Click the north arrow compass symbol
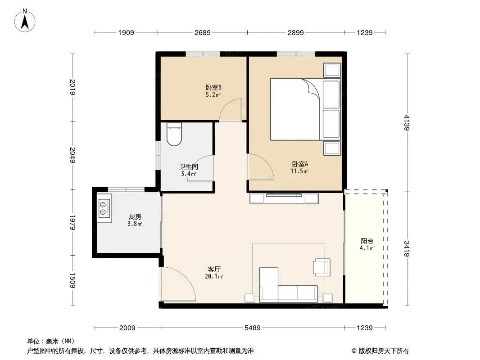coord(25,21)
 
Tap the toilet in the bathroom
coord(174,134)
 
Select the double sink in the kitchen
coord(104,208)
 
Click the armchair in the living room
coord(322,267)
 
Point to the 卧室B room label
coord(213,87)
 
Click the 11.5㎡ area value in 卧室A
coord(299,171)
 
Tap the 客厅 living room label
coord(214,269)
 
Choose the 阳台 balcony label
coord(367,241)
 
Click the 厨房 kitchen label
coord(135,216)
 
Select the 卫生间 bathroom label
coord(189,166)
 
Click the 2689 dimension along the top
coord(202,32)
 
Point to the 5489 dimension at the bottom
coord(253,328)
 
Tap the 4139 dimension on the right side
coord(407,122)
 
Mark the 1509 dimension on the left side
coord(72,280)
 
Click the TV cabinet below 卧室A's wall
coord(284,198)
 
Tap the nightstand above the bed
coord(332,70)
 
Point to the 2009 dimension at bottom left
coord(127,328)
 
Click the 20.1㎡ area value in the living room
coord(214,276)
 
